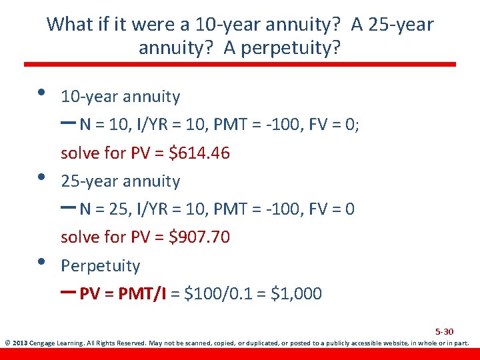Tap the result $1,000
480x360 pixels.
[297, 293]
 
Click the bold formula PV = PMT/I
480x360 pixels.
[123, 293]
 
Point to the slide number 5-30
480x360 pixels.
[444, 331]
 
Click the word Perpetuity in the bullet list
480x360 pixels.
[100, 266]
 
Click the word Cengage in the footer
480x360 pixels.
[43, 344]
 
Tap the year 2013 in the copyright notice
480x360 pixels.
[19, 344]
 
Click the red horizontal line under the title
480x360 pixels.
[240, 65]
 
